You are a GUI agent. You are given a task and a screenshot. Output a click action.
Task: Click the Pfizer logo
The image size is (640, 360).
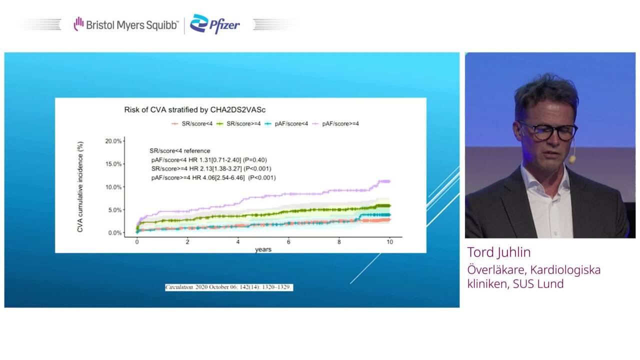215,24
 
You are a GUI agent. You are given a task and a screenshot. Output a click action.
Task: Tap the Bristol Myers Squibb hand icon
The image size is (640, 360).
78,23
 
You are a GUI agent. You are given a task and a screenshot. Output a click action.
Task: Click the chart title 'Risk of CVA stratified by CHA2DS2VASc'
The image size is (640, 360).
195,109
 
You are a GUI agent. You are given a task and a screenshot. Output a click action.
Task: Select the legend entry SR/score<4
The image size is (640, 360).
192,123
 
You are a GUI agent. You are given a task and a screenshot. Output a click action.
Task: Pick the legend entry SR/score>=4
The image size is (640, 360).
238,123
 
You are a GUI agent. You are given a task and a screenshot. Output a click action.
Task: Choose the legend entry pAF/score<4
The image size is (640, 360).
286,123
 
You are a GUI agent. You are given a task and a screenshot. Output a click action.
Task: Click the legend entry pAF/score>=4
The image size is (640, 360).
335,123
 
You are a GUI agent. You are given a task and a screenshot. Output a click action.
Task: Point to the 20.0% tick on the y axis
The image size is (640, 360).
113,141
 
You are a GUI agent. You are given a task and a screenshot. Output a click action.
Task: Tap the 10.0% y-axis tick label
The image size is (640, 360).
113,187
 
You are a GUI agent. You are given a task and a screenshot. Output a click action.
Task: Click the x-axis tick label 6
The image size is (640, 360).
288,242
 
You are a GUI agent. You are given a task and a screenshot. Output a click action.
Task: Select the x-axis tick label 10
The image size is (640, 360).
389,242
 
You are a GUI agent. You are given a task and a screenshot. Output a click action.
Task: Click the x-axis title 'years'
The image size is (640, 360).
263,249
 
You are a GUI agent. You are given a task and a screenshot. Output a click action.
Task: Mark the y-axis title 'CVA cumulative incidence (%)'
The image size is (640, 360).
80,187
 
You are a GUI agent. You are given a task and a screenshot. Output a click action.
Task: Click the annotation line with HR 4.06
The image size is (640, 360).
213,177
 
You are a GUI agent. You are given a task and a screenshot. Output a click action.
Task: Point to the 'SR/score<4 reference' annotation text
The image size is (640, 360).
179,151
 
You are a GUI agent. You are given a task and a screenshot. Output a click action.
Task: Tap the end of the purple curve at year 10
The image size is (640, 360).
390,181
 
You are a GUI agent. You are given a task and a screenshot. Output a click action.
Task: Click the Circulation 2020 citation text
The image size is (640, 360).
229,287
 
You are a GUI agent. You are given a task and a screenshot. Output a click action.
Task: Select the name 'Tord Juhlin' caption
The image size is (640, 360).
499,252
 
